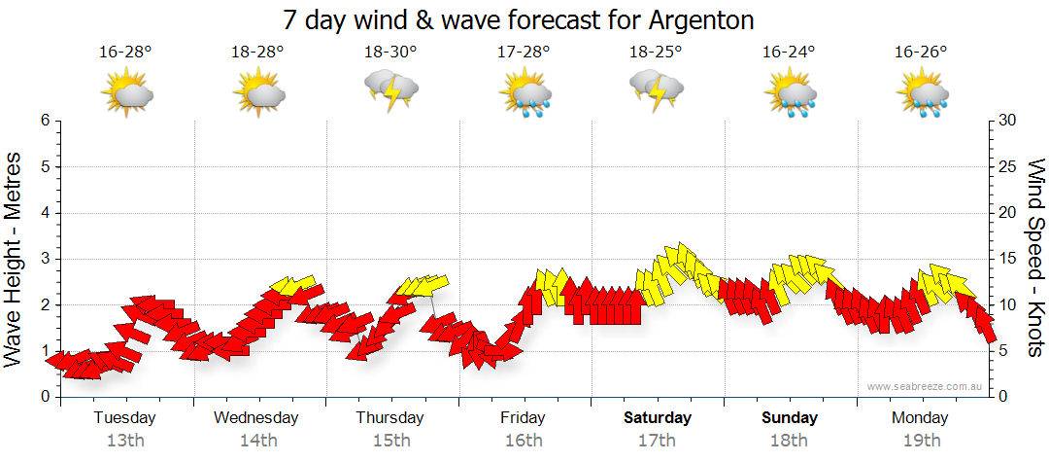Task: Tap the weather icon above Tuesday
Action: click(x=127, y=93)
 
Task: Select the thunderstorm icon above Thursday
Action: click(x=391, y=92)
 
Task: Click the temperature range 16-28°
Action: click(x=125, y=53)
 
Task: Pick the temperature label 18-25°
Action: click(x=656, y=53)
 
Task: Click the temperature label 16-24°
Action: click(x=789, y=53)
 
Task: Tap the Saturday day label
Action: click(x=658, y=418)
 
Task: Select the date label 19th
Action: click(x=921, y=440)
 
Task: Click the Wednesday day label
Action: click(x=256, y=418)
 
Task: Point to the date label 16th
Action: click(x=524, y=440)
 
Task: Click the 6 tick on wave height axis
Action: click(x=45, y=121)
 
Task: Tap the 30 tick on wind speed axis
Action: click(x=1007, y=121)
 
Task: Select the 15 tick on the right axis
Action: click(x=1007, y=259)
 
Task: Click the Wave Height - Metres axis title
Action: click(x=16, y=259)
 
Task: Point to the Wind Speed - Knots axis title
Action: click(x=1035, y=259)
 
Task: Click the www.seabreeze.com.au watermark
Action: click(x=927, y=386)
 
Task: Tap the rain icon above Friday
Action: click(x=525, y=95)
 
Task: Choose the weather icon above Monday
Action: click(x=922, y=95)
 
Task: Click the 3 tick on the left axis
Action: click(x=45, y=259)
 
